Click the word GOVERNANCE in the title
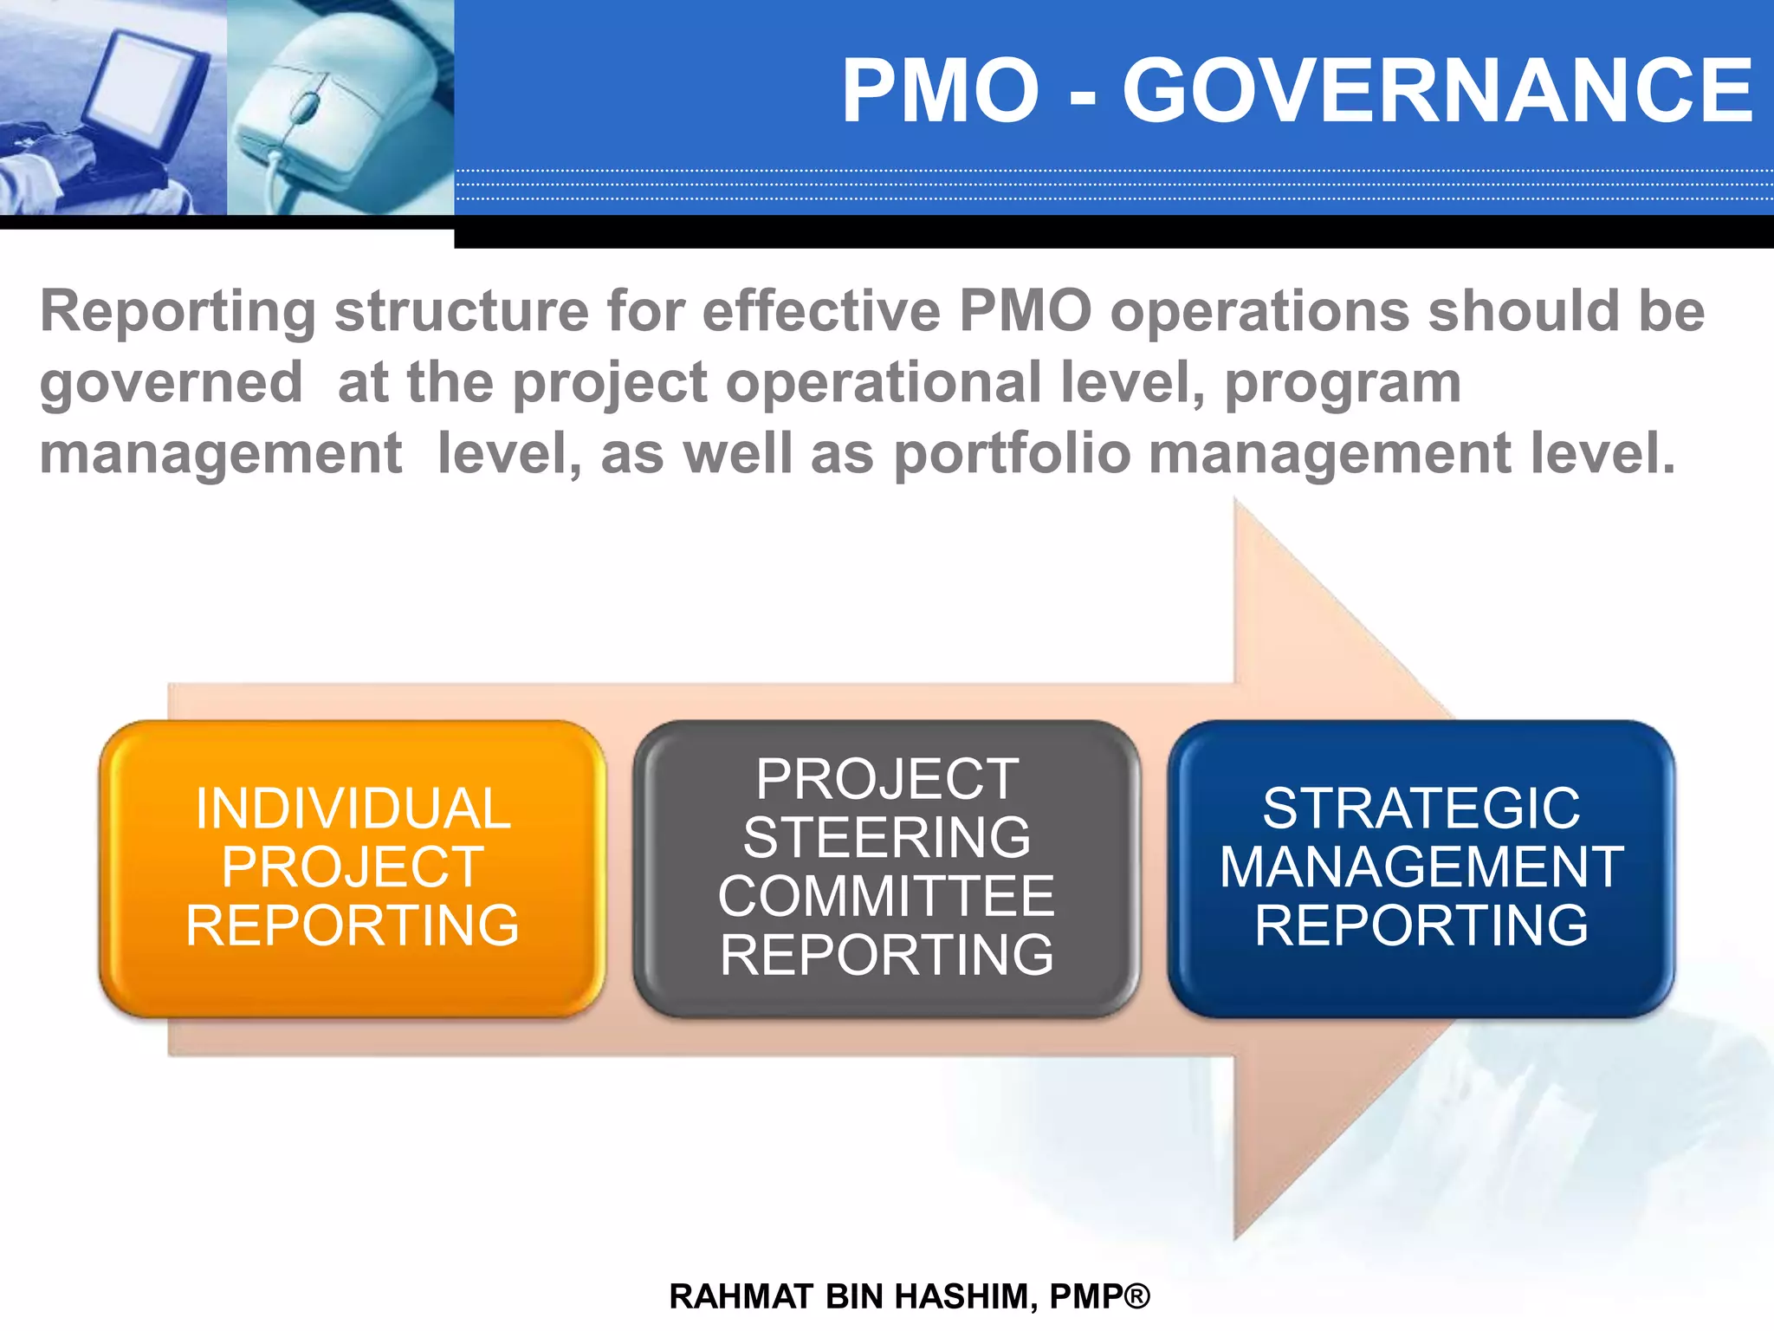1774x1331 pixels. pyautogui.click(x=1438, y=91)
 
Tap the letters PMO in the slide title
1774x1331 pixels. pyautogui.click(x=941, y=91)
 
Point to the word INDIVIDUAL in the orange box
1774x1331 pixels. pyautogui.click(x=353, y=808)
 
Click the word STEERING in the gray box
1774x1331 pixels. pyautogui.click(x=886, y=837)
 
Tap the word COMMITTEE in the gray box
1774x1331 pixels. pyautogui.click(x=886, y=896)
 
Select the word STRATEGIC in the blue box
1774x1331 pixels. pyautogui.click(x=1421, y=808)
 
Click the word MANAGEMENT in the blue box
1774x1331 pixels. pyautogui.click(x=1421, y=867)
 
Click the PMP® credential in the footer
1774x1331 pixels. pyautogui.click(x=1099, y=1296)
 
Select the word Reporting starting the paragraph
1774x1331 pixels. pyautogui.click(x=178, y=312)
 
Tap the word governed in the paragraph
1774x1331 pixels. pyautogui.click(x=171, y=383)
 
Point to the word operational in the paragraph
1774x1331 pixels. pyautogui.click(x=883, y=383)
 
